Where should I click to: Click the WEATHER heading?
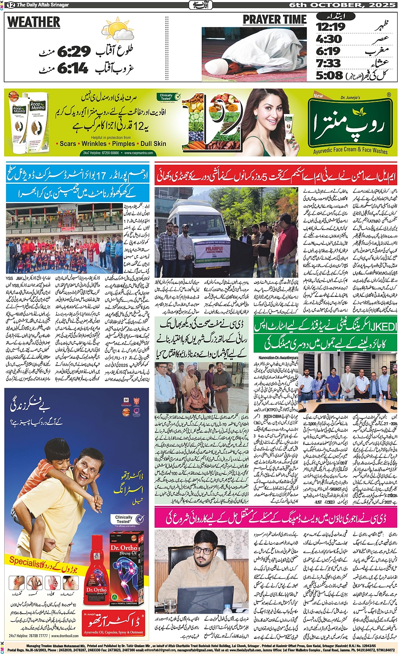tap(34, 22)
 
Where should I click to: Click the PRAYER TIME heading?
tap(275, 20)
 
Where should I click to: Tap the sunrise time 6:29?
tap(74, 52)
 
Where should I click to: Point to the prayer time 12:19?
tap(331, 27)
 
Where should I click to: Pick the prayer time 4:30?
tap(329, 39)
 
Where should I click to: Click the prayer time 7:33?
tap(329, 63)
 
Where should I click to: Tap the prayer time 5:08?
tap(329, 75)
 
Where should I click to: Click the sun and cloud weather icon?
tap(117, 31)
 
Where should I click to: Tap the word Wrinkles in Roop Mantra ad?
tap(94, 144)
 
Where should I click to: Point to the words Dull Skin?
tap(153, 144)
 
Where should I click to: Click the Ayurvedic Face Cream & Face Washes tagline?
tap(350, 150)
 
